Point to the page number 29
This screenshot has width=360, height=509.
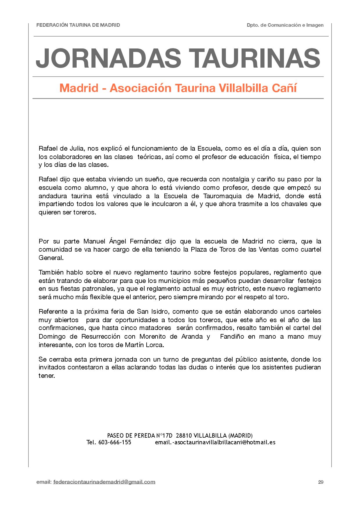coord(321,482)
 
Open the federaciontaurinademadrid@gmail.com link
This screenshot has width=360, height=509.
coord(104,482)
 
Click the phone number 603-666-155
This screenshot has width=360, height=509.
coord(115,442)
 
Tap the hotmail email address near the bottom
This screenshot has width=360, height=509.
coord(215,442)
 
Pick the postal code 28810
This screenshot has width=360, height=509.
coord(184,436)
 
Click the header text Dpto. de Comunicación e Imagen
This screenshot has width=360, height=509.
coord(285,25)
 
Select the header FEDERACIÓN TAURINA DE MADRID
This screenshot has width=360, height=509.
coord(78,25)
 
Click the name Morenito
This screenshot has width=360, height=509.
coord(152,337)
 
